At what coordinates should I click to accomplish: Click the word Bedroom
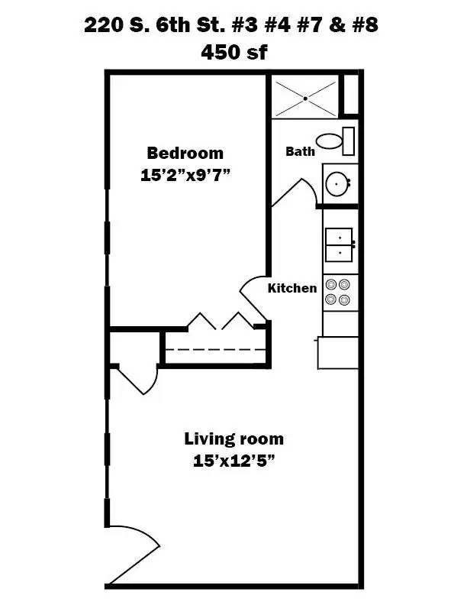185,153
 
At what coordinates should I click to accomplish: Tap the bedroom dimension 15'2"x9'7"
185,174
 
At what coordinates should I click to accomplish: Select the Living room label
233,439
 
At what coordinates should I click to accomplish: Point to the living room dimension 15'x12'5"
233,461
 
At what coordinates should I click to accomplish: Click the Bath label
300,151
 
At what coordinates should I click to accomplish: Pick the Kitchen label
291,288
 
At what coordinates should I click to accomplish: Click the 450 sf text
233,52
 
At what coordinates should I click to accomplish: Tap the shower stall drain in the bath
305,98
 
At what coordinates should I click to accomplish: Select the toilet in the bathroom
335,141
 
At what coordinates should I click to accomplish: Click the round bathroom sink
337,183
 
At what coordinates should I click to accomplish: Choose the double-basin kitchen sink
339,244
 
